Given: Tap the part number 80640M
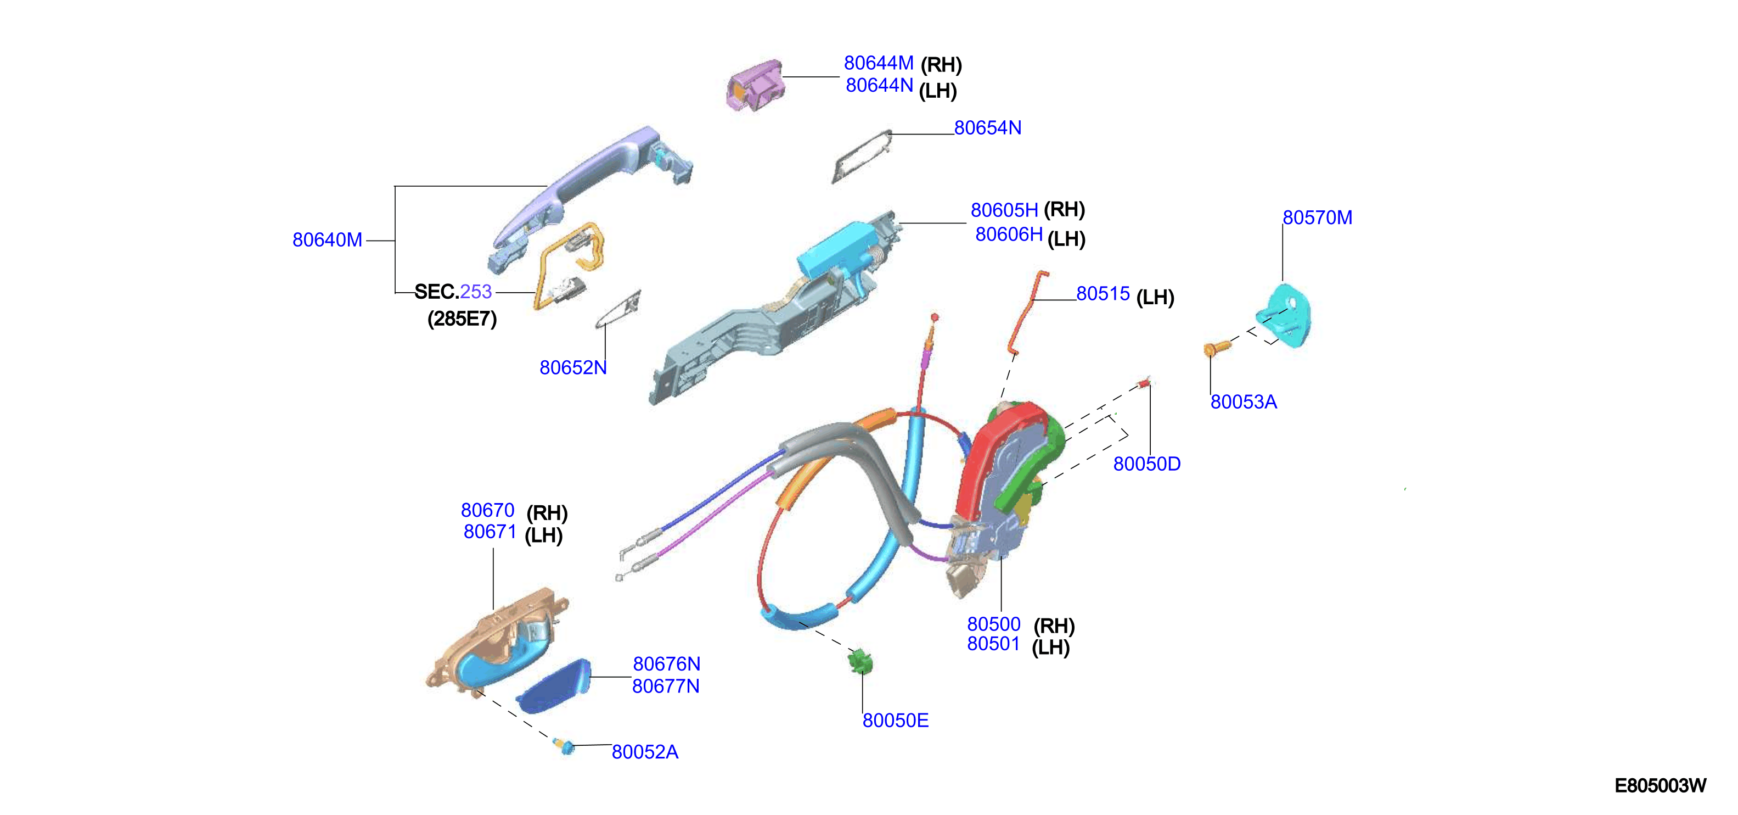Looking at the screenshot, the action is (x=327, y=239).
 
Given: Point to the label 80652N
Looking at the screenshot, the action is (x=573, y=367).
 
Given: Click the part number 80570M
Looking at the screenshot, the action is (x=1317, y=217).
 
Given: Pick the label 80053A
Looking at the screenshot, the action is (x=1244, y=402).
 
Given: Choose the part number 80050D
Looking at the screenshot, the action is (x=1147, y=464).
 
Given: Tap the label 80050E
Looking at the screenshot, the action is (x=895, y=721).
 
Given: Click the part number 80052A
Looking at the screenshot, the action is (x=645, y=751).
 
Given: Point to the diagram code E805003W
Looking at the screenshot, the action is (x=1661, y=785).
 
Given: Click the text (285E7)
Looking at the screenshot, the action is (x=462, y=319).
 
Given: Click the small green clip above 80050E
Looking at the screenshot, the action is (x=861, y=661).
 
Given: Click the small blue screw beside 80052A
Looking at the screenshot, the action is (x=565, y=746).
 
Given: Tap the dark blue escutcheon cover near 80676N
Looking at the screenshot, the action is (x=553, y=686).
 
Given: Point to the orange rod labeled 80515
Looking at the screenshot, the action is (x=1027, y=311).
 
